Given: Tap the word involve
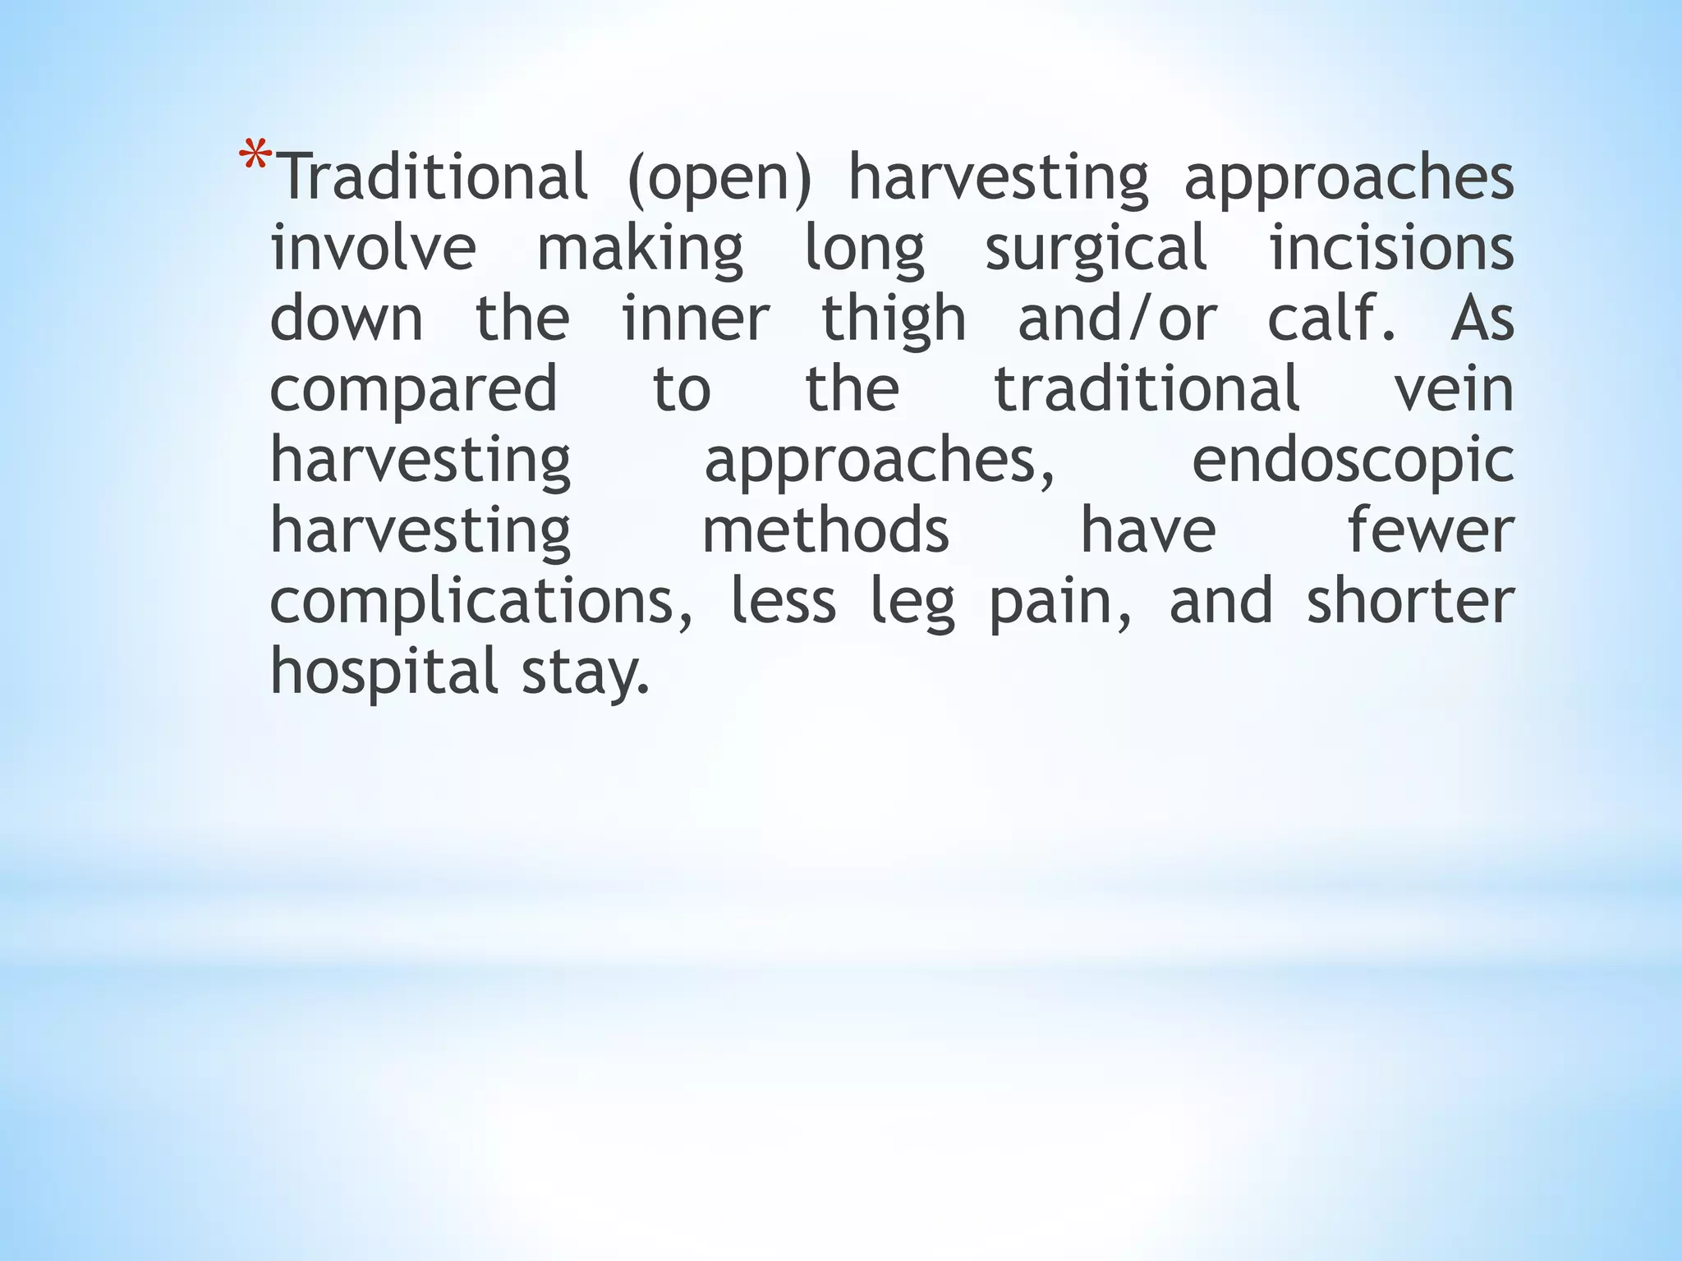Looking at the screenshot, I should click(373, 248).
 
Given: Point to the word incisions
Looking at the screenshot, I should click(1391, 248).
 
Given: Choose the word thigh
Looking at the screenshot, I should click(894, 320).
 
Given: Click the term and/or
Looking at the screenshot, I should click(1117, 319).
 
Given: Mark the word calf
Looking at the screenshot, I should click(1330, 319).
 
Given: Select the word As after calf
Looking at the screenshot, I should click(1482, 319).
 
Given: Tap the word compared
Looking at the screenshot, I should click(414, 391).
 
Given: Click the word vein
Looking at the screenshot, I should click(1454, 389).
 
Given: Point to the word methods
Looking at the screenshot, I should click(825, 530).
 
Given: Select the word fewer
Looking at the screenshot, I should click(1431, 530).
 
